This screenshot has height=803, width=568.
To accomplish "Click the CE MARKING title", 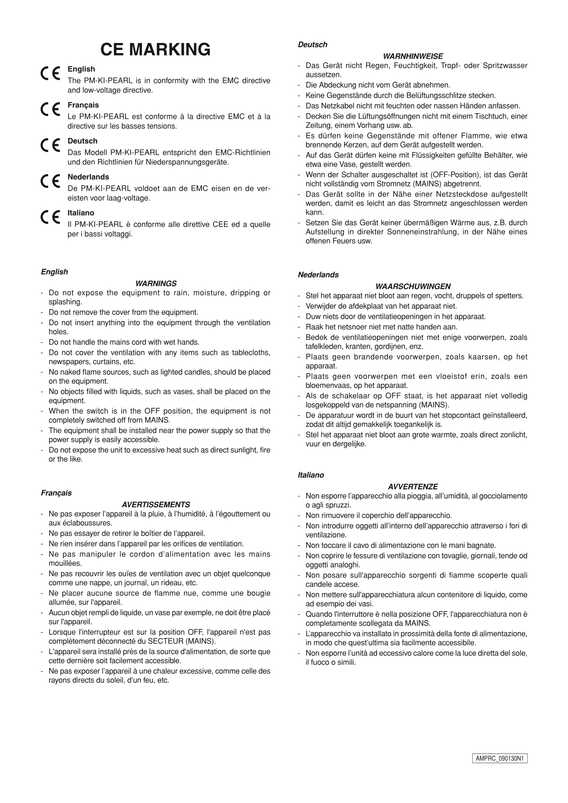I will (x=155, y=49).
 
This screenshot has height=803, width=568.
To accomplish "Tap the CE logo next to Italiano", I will (x=49, y=218).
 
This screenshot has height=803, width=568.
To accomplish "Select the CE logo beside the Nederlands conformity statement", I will (x=49, y=182).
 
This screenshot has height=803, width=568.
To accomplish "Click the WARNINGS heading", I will (x=156, y=284).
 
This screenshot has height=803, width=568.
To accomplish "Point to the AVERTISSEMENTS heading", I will (x=156, y=505).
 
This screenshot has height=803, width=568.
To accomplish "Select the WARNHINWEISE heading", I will (x=413, y=56).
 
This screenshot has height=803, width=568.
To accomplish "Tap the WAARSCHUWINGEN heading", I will (x=413, y=286).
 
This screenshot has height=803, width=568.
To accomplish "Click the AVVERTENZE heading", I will (x=413, y=486).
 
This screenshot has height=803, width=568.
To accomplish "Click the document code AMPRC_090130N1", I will (x=500, y=759).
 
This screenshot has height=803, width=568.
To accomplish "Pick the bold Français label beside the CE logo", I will (x=83, y=105).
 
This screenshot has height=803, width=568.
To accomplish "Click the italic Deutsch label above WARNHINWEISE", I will (x=312, y=44).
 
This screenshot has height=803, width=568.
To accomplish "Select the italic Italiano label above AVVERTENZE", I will (x=311, y=475).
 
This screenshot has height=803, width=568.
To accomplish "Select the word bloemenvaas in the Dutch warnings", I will (x=324, y=386).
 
